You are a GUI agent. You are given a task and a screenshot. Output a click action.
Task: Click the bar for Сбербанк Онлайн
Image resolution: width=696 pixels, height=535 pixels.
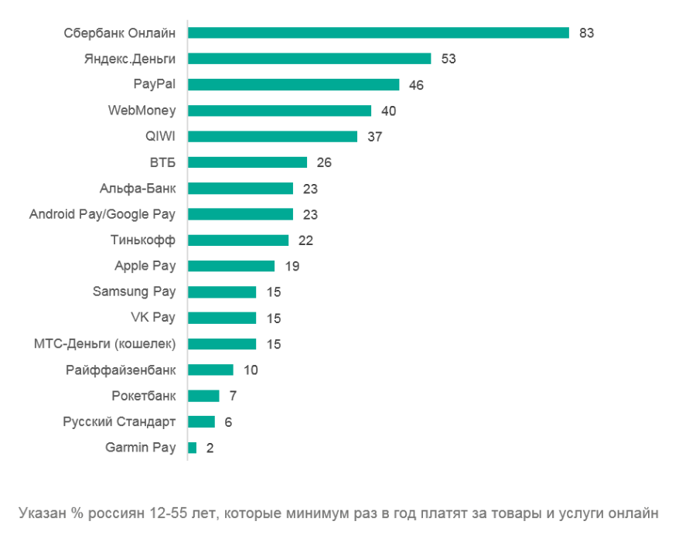tap(378, 32)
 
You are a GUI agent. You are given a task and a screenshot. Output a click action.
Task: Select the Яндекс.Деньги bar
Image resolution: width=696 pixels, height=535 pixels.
tap(309, 59)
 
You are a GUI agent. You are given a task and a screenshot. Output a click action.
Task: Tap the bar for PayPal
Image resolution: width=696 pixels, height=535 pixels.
tap(294, 84)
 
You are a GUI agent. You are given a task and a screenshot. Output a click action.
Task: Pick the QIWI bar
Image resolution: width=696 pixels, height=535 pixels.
tap(272, 136)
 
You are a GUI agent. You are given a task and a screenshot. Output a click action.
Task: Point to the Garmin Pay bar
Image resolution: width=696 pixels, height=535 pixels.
tap(192, 448)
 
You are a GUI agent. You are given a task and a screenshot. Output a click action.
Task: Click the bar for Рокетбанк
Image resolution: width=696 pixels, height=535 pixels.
tap(203, 396)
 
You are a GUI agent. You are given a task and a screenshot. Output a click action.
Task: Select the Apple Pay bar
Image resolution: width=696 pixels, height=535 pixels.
tap(231, 266)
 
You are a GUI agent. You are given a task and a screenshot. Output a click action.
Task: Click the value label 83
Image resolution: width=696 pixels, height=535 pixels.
tap(585, 33)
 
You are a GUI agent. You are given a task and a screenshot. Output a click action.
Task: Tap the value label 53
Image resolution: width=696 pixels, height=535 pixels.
tap(449, 59)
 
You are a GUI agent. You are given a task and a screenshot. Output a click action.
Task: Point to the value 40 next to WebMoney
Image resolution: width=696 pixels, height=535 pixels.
tap(388, 111)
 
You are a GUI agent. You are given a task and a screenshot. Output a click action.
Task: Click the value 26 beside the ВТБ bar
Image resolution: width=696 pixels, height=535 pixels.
tap(324, 162)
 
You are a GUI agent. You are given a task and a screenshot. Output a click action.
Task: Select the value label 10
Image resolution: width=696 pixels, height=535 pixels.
tap(251, 370)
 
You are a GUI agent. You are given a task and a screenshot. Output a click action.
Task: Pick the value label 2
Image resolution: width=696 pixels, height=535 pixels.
tap(209, 448)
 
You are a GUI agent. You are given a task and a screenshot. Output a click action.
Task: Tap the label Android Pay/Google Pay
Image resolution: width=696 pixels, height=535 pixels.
tap(102, 214)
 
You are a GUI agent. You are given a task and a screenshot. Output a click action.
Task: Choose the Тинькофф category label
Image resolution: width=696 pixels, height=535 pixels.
tap(143, 240)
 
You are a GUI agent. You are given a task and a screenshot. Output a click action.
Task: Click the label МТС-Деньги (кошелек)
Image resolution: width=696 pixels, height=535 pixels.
tap(105, 343)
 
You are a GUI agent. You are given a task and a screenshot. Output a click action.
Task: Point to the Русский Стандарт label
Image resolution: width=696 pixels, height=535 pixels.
tap(119, 421)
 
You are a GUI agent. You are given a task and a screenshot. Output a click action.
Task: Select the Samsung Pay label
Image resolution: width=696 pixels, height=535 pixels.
tap(134, 291)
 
